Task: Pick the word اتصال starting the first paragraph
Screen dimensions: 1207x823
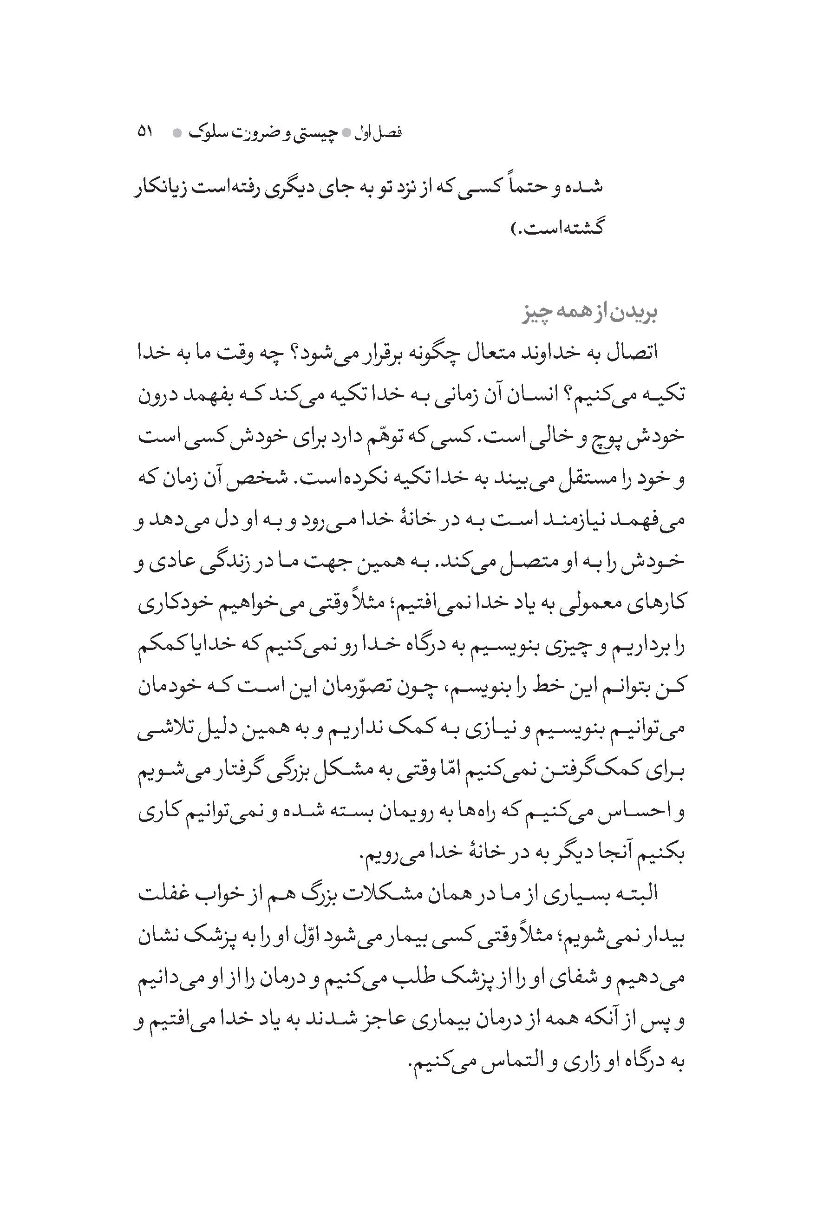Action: point(626,354)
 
